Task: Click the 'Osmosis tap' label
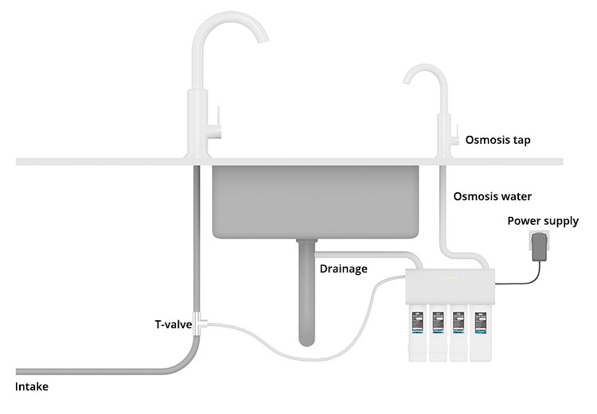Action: (x=498, y=141)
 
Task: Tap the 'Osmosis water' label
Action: (x=493, y=196)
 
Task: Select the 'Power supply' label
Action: (x=543, y=221)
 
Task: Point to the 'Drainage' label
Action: (x=343, y=269)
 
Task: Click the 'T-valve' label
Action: (x=173, y=324)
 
